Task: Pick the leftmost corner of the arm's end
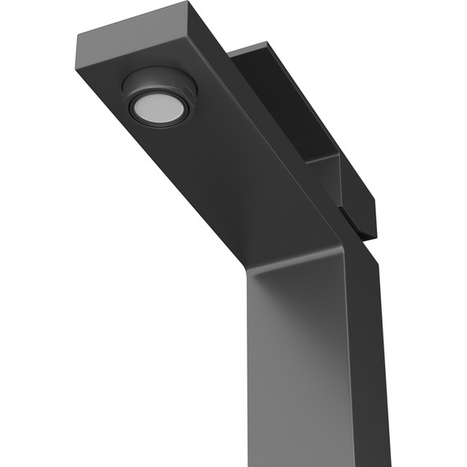(79, 36)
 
